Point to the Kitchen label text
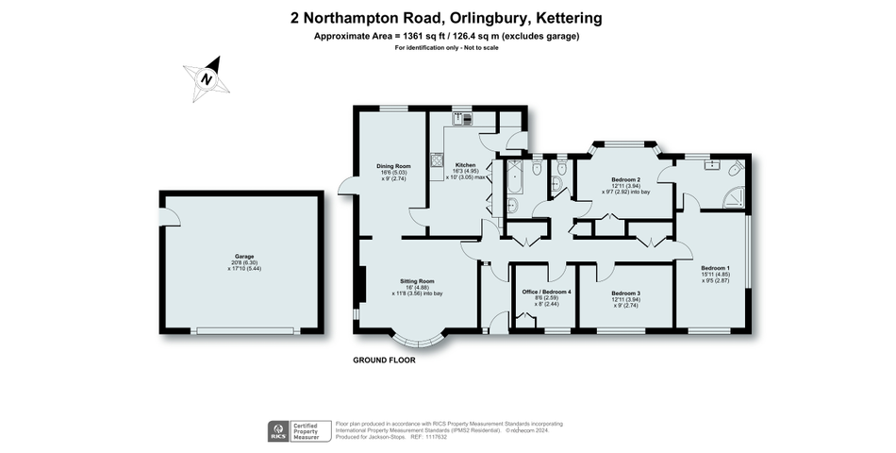(466, 165)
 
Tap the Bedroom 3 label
(625, 293)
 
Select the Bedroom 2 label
(625, 179)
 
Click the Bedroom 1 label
(715, 269)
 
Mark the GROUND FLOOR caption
(384, 360)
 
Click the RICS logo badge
(279, 431)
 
